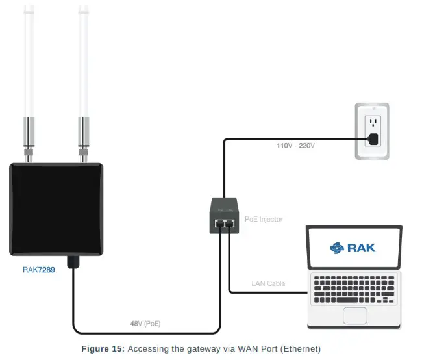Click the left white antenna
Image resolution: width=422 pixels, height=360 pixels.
point(29,62)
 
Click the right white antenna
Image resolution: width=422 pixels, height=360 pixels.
point(83,62)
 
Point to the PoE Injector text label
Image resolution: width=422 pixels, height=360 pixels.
point(264,219)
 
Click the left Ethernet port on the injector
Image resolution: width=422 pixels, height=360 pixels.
point(219,223)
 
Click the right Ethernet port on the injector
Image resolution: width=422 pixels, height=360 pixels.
point(229,223)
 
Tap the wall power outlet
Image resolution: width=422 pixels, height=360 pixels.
point(371,131)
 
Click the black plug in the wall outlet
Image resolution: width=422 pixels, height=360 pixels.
point(373,138)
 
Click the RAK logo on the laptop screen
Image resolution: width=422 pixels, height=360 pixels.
point(353,247)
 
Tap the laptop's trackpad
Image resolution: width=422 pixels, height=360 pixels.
point(354,315)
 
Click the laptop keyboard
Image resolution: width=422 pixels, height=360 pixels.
point(354,288)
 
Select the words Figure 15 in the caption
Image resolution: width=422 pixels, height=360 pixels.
point(103,349)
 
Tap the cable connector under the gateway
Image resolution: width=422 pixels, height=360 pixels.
point(73,261)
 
